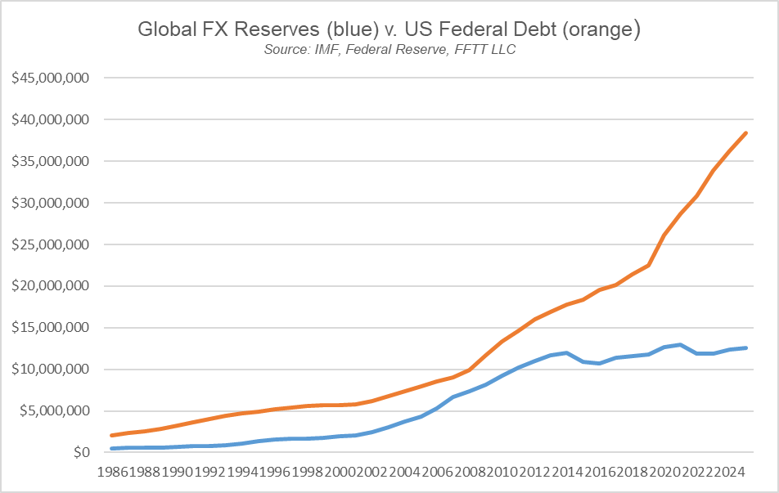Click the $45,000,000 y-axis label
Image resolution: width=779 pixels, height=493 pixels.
(49, 78)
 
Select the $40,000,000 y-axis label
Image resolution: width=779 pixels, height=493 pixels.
(49, 120)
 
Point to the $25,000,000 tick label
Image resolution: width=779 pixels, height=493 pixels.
(49, 244)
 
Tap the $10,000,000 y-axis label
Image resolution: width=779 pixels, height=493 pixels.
(49, 370)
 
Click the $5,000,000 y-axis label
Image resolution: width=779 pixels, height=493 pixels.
(52, 411)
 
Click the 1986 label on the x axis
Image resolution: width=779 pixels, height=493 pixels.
(112, 472)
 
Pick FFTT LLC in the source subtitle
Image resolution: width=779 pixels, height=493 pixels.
(488, 50)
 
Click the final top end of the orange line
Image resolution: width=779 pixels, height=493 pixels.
(746, 132)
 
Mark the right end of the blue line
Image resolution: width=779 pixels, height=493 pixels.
(746, 347)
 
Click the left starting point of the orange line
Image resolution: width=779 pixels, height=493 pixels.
(112, 435)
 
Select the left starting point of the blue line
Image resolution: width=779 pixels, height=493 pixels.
(112, 448)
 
